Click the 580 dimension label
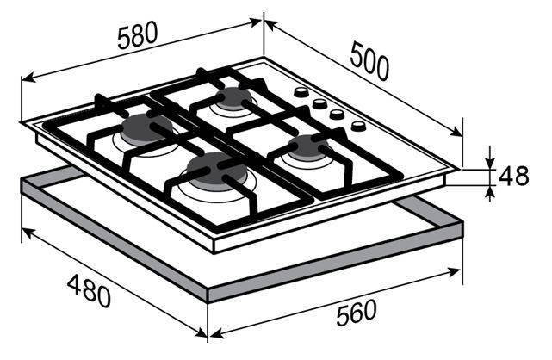coord(137,35)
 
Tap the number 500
coord(370,61)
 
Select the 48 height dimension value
coord(513,176)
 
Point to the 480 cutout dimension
coord(89,291)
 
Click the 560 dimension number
coord(357,313)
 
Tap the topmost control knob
coord(301,92)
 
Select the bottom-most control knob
coord(358,126)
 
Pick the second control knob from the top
coord(319,102)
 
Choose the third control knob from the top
coord(337,114)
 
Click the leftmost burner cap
coord(146,127)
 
